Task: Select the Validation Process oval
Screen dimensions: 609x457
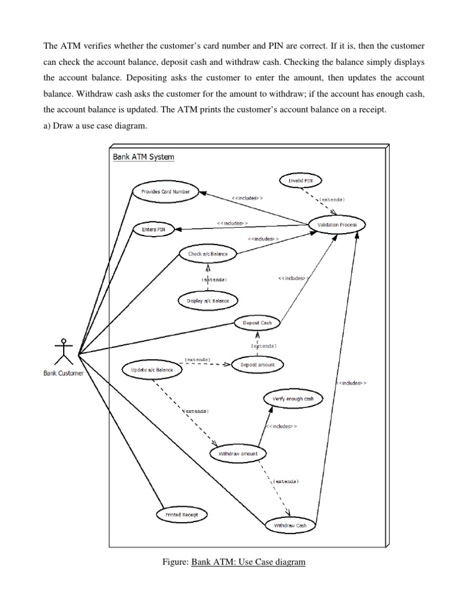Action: [337, 225]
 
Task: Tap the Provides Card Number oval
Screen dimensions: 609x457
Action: [165, 192]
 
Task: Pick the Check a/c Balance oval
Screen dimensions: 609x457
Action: [204, 254]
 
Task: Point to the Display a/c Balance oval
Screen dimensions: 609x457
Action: [208, 301]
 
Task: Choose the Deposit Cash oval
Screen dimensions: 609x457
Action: [258, 323]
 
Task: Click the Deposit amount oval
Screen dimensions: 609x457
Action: [257, 365]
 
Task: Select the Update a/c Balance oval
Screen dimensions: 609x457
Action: [152, 370]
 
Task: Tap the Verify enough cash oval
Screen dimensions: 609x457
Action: [293, 398]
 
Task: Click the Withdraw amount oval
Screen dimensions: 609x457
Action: [238, 454]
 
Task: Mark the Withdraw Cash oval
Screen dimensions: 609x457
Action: [290, 526]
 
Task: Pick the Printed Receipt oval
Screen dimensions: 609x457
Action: [182, 514]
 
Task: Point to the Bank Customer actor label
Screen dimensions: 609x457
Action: [64, 373]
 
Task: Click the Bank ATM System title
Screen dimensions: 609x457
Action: [143, 157]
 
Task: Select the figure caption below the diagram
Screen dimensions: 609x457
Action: [234, 561]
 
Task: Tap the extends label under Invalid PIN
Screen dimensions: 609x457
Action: [332, 199]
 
